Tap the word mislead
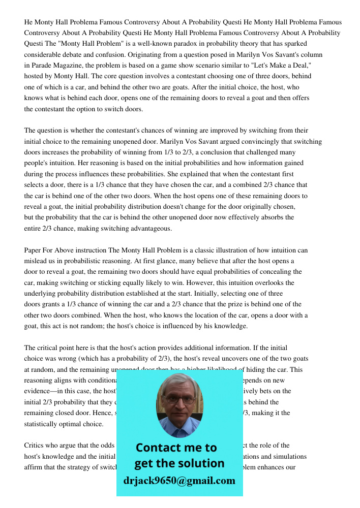(36, 261)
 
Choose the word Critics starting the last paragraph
(35, 445)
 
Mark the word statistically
(42, 424)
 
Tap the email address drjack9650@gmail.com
(179, 481)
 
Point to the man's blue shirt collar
(179, 429)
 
